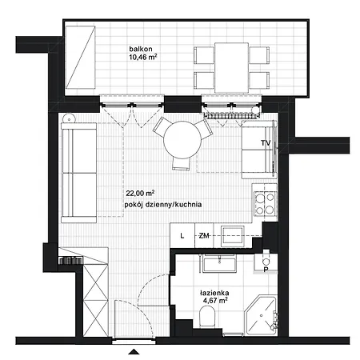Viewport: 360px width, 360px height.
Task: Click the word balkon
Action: click(141, 49)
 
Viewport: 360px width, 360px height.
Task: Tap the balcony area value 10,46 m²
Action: click(142, 57)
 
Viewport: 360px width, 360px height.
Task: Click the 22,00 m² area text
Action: click(140, 193)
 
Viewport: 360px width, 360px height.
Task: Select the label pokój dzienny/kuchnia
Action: click(163, 205)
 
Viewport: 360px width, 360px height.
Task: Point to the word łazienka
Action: click(214, 293)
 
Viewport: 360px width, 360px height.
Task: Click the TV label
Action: click(266, 143)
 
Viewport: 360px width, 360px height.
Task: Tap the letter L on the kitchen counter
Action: click(182, 236)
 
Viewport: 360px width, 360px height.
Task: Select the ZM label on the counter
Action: click(204, 236)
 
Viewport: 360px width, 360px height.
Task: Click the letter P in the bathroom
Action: click(266, 270)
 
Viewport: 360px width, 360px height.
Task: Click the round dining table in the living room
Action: click(182, 140)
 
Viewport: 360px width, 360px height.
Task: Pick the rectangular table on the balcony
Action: click(231, 68)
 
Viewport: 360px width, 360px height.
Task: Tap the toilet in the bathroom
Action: click(207, 316)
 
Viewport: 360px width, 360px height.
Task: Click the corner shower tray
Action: click(262, 315)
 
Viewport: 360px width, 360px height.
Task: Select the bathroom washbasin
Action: click(219, 263)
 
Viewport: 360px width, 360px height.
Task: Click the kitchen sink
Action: click(233, 235)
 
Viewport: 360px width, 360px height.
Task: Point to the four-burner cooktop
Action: click(266, 204)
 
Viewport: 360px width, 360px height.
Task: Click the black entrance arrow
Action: click(134, 352)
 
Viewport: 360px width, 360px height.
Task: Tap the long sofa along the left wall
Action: click(78, 173)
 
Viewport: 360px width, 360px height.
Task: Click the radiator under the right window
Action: click(231, 116)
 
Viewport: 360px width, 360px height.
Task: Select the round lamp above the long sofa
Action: click(70, 118)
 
